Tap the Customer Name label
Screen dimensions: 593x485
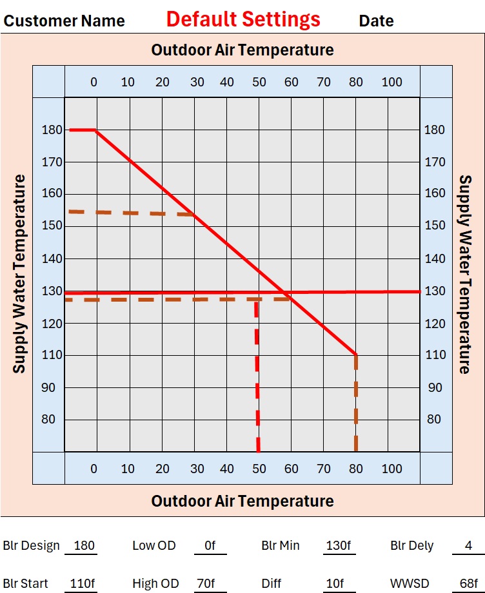[x=64, y=21]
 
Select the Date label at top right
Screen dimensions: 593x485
[x=376, y=21]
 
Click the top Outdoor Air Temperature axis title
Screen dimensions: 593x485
[x=243, y=50]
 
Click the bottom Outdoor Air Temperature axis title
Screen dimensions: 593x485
[x=243, y=501]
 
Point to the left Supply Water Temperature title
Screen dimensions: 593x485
[x=19, y=273]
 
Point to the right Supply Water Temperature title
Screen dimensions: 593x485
[x=464, y=273]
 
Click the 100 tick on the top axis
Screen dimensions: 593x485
[x=391, y=82]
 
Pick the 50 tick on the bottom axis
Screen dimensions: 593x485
[x=259, y=469]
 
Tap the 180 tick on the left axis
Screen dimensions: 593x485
[x=52, y=130]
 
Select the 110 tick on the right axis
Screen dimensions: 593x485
[x=435, y=355]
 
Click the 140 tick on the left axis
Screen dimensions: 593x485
[x=52, y=258]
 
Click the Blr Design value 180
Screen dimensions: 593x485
[x=84, y=546]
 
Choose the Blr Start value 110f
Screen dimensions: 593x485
[x=83, y=584]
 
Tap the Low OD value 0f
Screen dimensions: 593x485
[x=210, y=546]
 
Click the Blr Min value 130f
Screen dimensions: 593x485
[x=338, y=546]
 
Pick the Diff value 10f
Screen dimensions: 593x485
[x=335, y=584]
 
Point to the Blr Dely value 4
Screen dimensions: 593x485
[x=469, y=546]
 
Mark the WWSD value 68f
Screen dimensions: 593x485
[x=468, y=584]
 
